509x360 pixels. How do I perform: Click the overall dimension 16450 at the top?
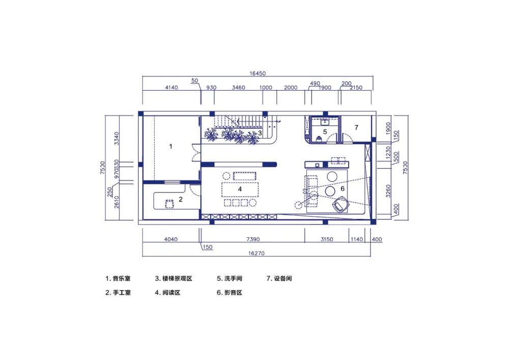tap(258, 73)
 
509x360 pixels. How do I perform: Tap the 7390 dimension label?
tap(253, 239)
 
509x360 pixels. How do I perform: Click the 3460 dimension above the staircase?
tap(238, 88)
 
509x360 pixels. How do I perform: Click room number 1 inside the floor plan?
tap(171, 146)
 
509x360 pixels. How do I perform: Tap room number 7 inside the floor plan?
tap(356, 127)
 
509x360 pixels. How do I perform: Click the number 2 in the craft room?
tap(180, 199)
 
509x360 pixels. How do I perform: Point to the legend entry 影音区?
tap(233, 293)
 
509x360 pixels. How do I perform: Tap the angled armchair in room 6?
tap(340, 205)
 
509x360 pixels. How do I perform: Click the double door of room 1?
tap(195, 153)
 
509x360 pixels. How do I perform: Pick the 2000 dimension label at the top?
tap(291, 88)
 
